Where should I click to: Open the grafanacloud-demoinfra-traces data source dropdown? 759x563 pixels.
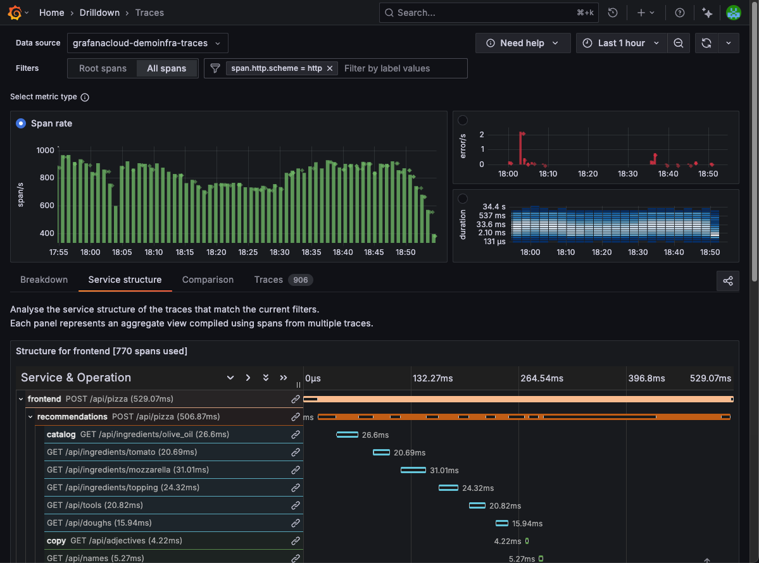click(147, 43)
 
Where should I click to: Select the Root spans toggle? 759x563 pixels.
click(103, 68)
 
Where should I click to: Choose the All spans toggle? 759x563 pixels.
click(166, 68)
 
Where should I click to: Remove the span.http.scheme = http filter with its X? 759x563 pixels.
click(330, 68)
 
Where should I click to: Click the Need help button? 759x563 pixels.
click(523, 43)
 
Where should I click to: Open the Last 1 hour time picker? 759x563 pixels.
click(621, 43)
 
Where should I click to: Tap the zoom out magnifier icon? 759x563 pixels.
click(679, 43)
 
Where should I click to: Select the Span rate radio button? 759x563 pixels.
click(22, 123)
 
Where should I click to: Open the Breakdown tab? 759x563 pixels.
click(44, 280)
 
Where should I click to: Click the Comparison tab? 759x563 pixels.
click(208, 280)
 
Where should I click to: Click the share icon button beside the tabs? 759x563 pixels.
click(728, 281)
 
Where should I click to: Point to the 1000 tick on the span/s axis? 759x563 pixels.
click(45, 151)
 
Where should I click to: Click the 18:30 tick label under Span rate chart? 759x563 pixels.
click(279, 252)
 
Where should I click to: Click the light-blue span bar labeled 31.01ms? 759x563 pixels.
click(413, 470)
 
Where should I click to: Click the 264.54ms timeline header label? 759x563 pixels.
click(541, 378)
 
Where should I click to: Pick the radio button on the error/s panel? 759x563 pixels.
click(463, 120)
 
